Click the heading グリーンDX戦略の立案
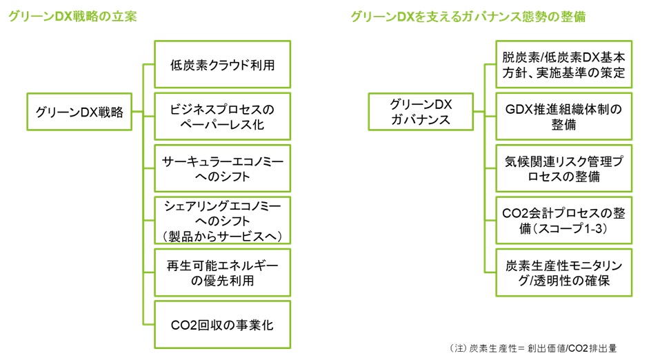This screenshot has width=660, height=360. (72, 17)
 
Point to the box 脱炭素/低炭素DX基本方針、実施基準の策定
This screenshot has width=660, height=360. (563, 64)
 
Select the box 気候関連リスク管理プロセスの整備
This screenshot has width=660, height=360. (563, 168)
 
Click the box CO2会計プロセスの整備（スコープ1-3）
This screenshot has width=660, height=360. (563, 220)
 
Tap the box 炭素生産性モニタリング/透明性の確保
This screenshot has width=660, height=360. (563, 272)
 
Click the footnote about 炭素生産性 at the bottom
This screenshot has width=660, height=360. (532, 348)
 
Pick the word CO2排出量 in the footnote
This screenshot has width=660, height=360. (591, 348)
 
